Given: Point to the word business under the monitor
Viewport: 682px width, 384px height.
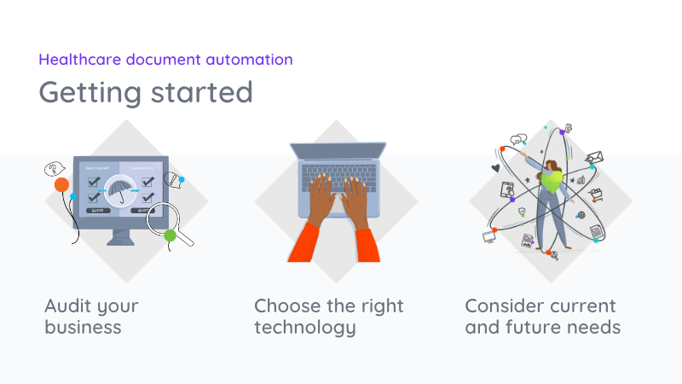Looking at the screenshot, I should click(83, 327).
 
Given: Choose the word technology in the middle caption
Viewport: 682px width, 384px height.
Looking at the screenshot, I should click(305, 327).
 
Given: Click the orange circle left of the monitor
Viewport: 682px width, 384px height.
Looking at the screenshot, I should click(61, 184).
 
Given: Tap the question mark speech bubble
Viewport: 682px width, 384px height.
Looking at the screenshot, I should click(54, 169).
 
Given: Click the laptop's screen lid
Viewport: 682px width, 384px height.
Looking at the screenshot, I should click(336, 152).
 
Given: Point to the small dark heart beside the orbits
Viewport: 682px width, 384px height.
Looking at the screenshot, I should click(494, 168).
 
